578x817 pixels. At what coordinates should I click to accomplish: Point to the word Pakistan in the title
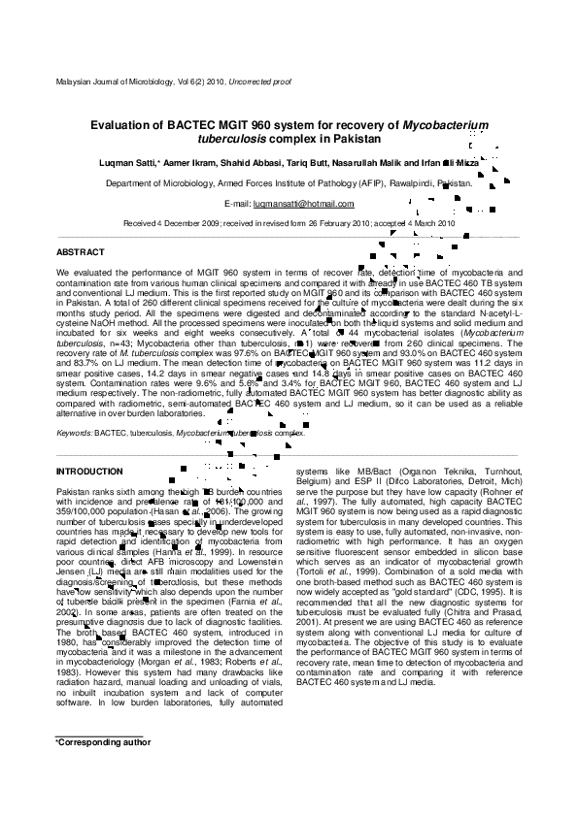(x=352, y=140)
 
